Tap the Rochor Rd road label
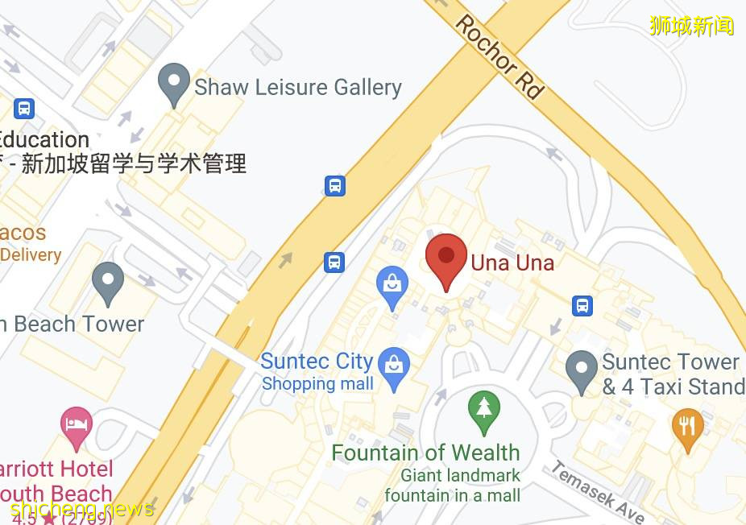[499, 56]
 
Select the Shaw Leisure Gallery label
[298, 87]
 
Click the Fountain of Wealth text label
[425, 453]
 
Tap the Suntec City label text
[317, 362]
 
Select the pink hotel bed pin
[77, 426]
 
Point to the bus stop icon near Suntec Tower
[582, 305]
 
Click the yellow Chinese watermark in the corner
[692, 26]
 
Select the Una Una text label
[512, 262]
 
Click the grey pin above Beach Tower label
[107, 281]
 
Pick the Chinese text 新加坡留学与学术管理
[133, 164]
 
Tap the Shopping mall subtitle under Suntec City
[317, 384]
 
